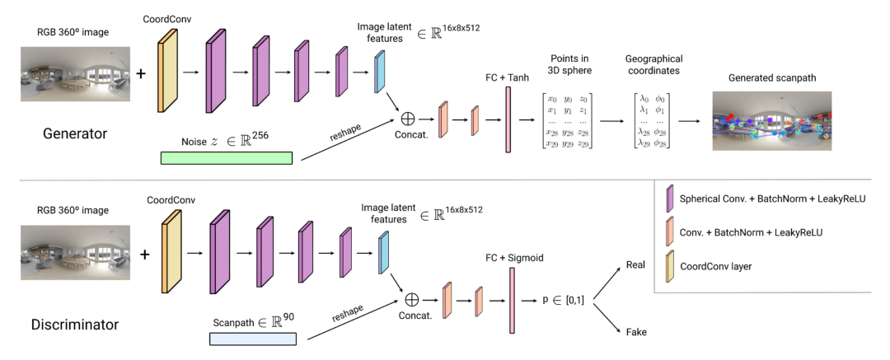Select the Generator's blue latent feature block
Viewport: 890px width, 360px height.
click(380, 72)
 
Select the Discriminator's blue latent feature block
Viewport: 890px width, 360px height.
click(383, 253)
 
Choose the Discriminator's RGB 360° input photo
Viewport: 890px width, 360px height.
click(73, 255)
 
